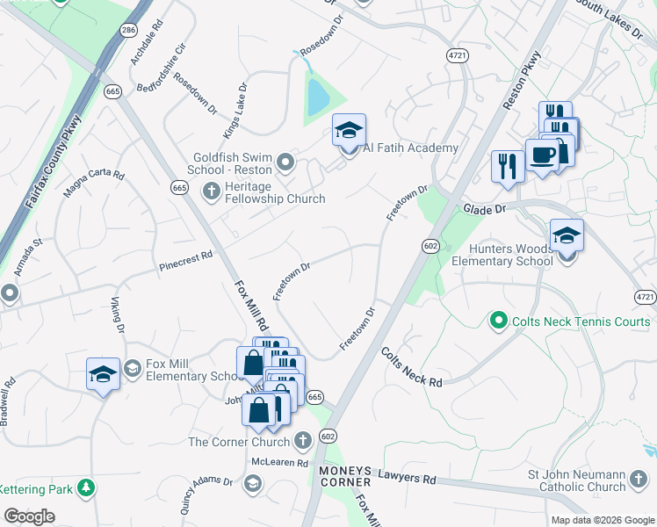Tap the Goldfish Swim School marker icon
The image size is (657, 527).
click(x=285, y=162)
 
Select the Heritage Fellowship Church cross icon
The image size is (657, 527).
click(x=211, y=191)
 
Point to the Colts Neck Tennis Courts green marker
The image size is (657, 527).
click(x=499, y=321)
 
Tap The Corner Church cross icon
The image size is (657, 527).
click(x=302, y=440)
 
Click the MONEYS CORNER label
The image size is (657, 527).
click(x=345, y=476)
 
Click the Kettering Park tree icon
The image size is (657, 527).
click(x=85, y=487)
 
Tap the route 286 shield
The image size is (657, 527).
click(x=129, y=30)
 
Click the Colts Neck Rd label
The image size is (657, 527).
click(x=411, y=366)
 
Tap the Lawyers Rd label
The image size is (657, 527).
click(x=407, y=479)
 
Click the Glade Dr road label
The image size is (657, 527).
click(x=483, y=209)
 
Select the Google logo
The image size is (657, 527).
click(x=30, y=517)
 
